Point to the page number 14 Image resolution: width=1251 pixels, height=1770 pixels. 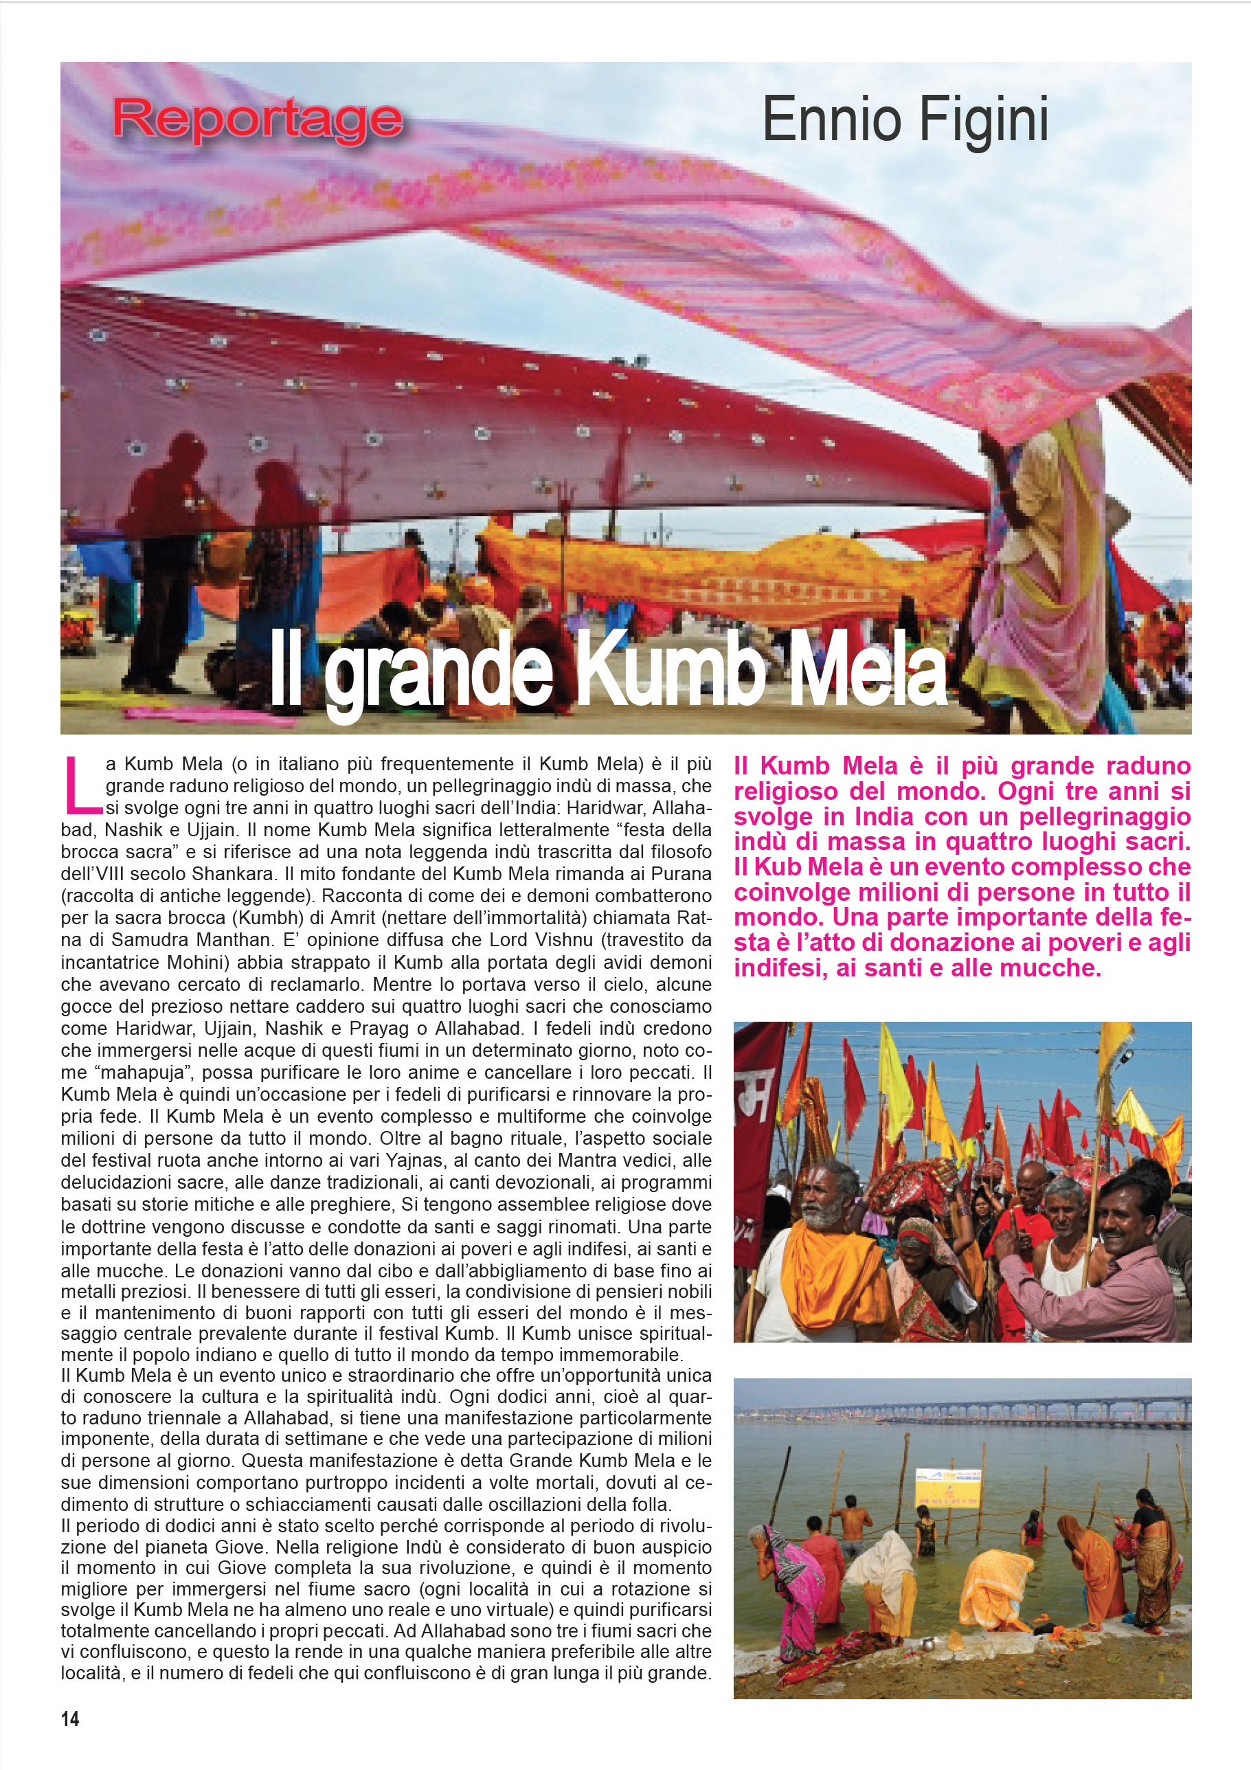click(69, 1718)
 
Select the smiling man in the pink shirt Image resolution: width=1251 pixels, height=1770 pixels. click(1110, 1264)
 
